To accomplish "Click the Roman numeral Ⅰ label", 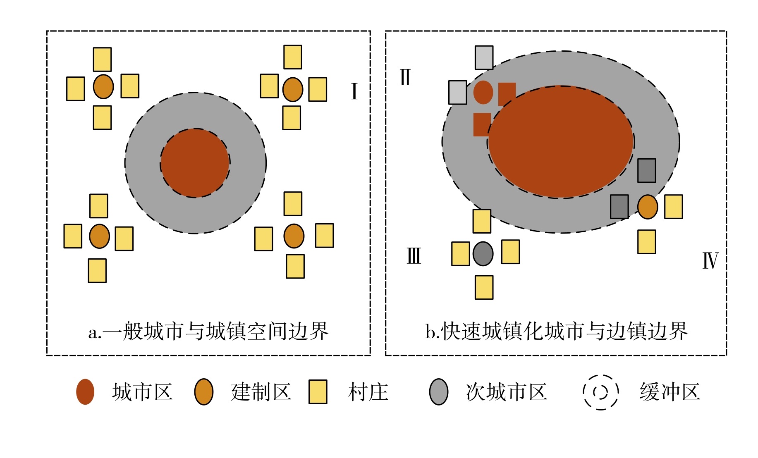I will coord(354,91).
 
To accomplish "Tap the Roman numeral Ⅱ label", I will coord(405,77).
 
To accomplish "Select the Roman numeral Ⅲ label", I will coord(414,256).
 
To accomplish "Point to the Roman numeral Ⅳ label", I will coord(710,261).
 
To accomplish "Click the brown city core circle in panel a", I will coord(195,163).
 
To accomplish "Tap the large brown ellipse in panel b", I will coord(561,142).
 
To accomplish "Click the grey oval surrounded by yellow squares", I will coord(483,253).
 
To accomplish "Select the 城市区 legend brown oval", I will coord(85,391).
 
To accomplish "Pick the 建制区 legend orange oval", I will coord(204,391).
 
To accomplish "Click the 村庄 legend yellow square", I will coord(318,391).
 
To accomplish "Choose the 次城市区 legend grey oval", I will coord(439,391).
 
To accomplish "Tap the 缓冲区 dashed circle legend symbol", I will coord(600,392).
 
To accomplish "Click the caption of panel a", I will coord(208,332).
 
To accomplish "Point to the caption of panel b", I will coord(556,332).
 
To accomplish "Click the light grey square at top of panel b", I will coord(484,57).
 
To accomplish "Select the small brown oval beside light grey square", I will coord(483,92).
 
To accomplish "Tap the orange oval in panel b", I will coord(648,207).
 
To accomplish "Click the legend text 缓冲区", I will coord(670,392).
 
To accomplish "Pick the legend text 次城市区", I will coord(506,392).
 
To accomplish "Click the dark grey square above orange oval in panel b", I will coord(646,170).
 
